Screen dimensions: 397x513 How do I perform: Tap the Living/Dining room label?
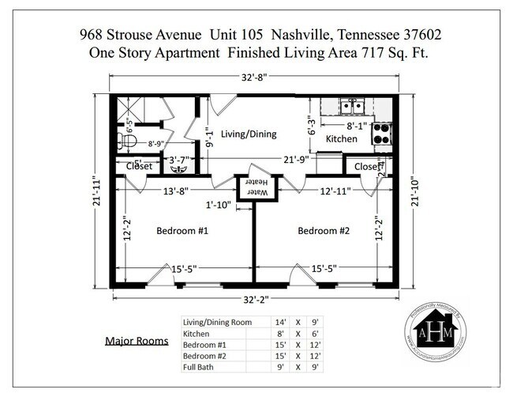(x=248, y=134)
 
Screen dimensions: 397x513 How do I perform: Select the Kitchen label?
(x=342, y=139)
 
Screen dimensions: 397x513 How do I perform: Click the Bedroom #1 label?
(x=182, y=230)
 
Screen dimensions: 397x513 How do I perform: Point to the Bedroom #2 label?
(x=324, y=230)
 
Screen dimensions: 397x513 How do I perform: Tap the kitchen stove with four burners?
(x=382, y=133)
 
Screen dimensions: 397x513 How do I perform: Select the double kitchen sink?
(x=352, y=105)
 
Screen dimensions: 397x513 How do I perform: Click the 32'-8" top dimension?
(x=254, y=77)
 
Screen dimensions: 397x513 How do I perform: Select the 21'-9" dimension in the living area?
(x=297, y=160)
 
